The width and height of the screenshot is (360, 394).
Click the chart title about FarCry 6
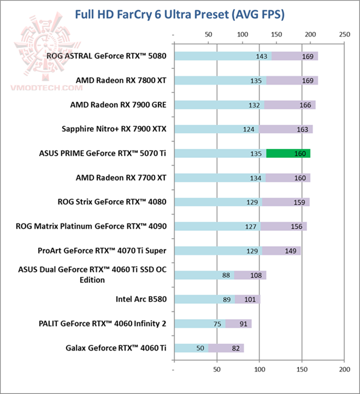tap(179, 14)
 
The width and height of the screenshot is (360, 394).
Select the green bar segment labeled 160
tap(288, 153)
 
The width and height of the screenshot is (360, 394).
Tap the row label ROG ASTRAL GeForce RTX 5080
tap(106, 56)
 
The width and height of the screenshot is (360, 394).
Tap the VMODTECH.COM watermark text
tap(46, 87)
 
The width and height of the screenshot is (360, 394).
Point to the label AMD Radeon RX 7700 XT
tap(121, 177)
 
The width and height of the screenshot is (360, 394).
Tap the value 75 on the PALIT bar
tap(217, 324)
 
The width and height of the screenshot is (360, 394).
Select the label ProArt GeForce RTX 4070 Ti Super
tap(102, 251)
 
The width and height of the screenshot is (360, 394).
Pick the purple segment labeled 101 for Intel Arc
tap(248, 300)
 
